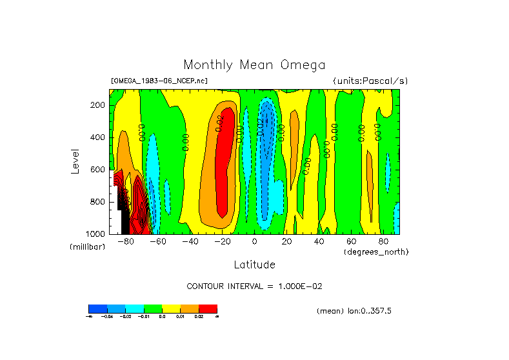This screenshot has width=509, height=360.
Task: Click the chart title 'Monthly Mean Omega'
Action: tap(254, 65)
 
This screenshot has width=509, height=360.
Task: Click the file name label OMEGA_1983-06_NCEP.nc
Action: tap(159, 81)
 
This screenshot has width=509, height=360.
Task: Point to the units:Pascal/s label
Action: tap(370, 81)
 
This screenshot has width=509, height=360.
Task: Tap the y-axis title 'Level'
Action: tap(75, 161)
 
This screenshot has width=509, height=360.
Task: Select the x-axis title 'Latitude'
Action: tap(254, 265)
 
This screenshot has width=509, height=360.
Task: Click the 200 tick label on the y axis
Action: tap(98, 105)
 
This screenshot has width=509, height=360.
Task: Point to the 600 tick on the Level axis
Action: tap(98, 170)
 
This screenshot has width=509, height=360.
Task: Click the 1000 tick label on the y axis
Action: tap(96, 234)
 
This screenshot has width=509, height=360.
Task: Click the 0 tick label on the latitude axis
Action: tap(255, 242)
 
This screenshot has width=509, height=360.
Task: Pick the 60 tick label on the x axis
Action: tap(352, 242)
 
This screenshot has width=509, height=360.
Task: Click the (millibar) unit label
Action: tap(87, 247)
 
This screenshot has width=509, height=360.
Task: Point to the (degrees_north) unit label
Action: tap(376, 251)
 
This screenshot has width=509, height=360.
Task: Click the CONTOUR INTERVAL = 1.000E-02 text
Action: tap(254, 286)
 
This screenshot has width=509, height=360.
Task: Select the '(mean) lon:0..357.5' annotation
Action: tap(354, 310)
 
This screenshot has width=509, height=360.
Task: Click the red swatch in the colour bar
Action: tap(208, 308)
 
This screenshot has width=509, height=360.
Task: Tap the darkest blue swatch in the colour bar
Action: tap(97, 308)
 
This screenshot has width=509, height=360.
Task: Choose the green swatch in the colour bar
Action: tap(153, 308)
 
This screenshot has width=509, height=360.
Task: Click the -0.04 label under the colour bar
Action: tap(106, 316)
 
